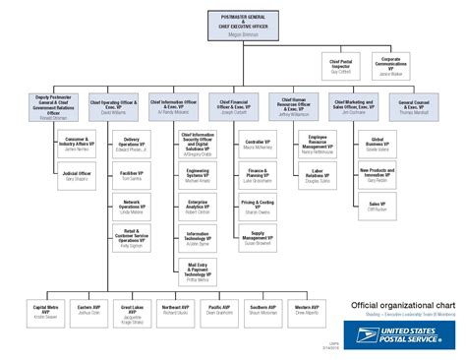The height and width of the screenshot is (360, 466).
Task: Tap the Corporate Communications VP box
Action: click(391, 66)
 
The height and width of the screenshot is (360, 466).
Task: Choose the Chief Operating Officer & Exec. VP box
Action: click(114, 106)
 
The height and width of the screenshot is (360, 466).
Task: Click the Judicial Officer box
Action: click(76, 177)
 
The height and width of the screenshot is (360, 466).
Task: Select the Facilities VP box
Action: click(135, 177)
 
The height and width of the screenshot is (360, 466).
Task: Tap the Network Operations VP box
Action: click(135, 207)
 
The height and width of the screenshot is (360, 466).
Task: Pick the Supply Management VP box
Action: click(258, 236)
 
